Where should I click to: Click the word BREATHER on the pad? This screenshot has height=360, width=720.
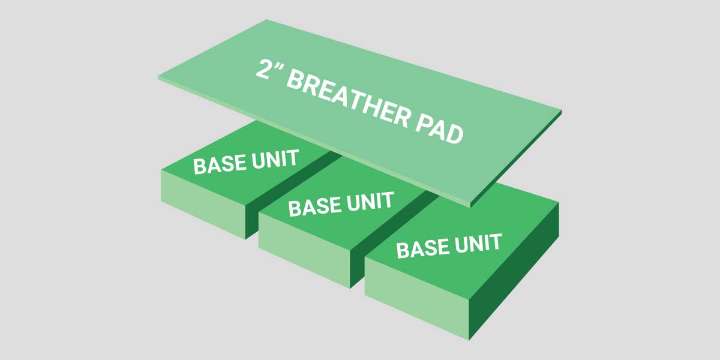coord(348,98)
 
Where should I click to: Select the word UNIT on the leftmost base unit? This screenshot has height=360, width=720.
coord(275,159)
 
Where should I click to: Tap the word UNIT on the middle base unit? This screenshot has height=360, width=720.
coord(370,201)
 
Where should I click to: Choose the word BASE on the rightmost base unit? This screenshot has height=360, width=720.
coord(424,248)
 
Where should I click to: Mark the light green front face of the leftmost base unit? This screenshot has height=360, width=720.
coord(203,205)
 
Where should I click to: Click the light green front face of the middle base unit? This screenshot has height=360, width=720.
coord(304,250)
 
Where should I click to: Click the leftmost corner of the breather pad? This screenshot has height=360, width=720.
coord(158,77)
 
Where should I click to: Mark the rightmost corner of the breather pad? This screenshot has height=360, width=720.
coord(562,111)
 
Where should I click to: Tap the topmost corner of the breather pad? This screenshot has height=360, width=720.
coord(266,20)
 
